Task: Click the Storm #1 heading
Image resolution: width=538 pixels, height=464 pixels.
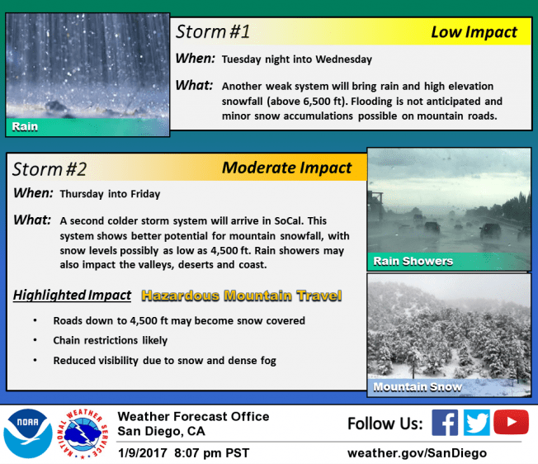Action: click(x=212, y=33)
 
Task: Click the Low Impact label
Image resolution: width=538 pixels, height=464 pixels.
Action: click(x=474, y=33)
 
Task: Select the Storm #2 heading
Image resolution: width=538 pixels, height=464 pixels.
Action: click(x=49, y=169)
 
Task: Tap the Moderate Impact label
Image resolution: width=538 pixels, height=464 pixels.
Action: click(x=286, y=168)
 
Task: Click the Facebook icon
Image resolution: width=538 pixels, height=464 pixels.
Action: click(x=445, y=424)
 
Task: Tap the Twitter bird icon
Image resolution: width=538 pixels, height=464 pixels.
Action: click(x=477, y=424)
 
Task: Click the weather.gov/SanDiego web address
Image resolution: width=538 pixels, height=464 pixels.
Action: click(x=417, y=452)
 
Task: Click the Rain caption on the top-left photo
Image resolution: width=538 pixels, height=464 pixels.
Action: click(x=25, y=127)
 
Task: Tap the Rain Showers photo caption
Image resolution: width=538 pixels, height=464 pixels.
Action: click(x=413, y=261)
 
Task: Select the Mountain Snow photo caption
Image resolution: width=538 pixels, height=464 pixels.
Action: click(x=418, y=386)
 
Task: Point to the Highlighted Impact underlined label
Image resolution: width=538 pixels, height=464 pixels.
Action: click(x=72, y=295)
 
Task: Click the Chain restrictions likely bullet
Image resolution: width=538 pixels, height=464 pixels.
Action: click(x=110, y=340)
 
